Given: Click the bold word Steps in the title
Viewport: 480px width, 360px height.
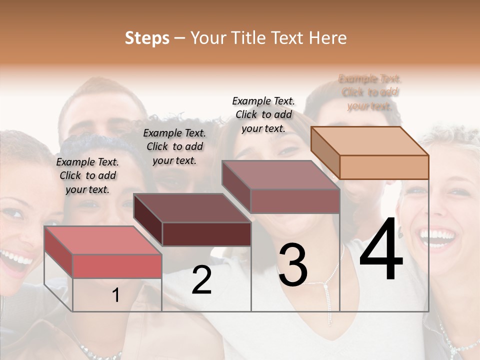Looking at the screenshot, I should point(147,38).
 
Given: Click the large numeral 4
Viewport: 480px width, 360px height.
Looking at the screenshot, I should point(381,250).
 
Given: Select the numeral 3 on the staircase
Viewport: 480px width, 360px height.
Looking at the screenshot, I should point(292,265).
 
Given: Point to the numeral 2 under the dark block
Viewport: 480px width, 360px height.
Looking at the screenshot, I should point(201,280).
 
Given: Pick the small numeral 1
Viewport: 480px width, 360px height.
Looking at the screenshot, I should point(115,295).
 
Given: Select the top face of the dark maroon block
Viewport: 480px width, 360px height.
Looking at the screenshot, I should point(192,208).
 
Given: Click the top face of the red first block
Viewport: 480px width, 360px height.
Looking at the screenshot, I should point(103,240).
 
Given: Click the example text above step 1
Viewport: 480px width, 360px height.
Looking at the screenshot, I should point(87,175).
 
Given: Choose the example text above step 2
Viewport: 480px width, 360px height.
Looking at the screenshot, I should point(174,146).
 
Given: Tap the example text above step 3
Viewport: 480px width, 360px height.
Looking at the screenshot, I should point(263,114).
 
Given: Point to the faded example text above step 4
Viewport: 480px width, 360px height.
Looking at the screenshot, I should point(370,92).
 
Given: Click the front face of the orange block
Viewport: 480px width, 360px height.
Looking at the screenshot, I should point(384,167).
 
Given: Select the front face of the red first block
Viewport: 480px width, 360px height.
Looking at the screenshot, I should point(117,265).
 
